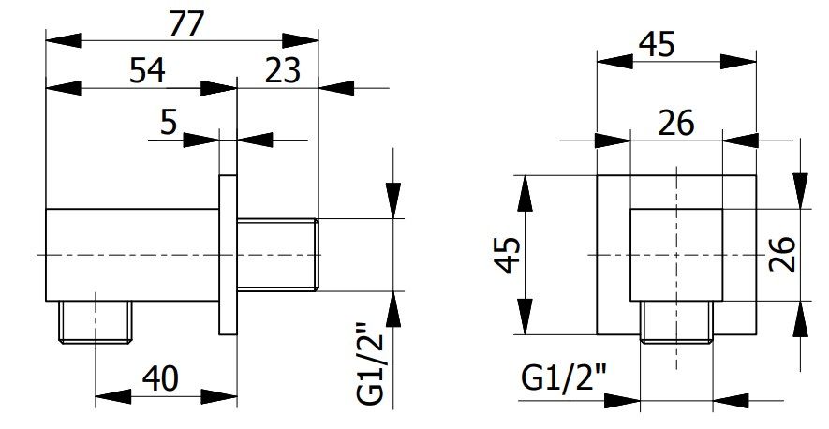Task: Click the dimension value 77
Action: tap(186, 23)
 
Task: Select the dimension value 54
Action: tap(147, 70)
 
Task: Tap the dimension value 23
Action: tap(283, 70)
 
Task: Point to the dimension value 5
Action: tap(168, 123)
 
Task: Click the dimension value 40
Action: tap(161, 378)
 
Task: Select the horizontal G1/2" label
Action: tap(564, 378)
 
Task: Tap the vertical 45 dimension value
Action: tap(509, 255)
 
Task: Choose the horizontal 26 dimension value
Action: tap(675, 124)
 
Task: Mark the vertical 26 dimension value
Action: tap(782, 254)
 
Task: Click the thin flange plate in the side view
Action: tap(229, 255)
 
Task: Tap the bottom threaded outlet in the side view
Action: tap(96, 322)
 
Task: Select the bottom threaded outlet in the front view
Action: tap(676, 322)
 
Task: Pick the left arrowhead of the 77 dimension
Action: tap(64, 40)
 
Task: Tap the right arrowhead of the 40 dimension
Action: tap(219, 396)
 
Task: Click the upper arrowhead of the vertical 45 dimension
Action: tap(525, 193)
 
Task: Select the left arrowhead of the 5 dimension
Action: tap(201, 141)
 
